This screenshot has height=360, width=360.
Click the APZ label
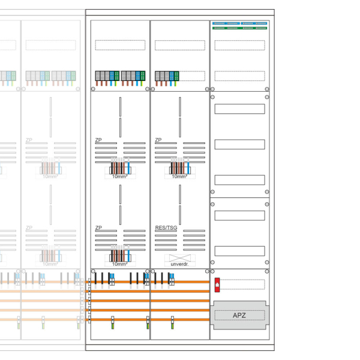pos(239,316)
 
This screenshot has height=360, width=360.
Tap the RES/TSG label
pos(166,228)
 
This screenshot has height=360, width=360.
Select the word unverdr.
pos(179,264)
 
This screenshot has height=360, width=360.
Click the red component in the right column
pos(217,284)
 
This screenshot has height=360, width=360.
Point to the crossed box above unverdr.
pos(179,257)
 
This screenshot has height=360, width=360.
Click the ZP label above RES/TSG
pos(158,140)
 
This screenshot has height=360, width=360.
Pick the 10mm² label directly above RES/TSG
pos(179,176)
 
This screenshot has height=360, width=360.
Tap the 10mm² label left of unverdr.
pos(119,264)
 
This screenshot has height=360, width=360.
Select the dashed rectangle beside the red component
pos(242,284)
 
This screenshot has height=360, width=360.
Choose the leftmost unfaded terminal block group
pos(106,76)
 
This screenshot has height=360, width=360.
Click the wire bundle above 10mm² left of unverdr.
pos(119,253)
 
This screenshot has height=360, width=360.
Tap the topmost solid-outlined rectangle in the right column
pos(239,109)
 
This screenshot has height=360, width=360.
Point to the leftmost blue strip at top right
pos(218,23)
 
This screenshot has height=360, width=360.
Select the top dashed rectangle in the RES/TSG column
pos(179,45)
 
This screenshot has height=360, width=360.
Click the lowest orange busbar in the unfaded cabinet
pos(150,320)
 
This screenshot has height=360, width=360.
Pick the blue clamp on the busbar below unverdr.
pos(172,281)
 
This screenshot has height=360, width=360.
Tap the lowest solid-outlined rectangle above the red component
pos(239,251)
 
